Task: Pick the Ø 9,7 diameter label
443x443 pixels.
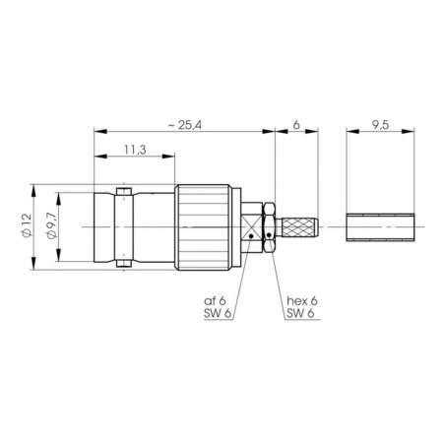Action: pos(46,225)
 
